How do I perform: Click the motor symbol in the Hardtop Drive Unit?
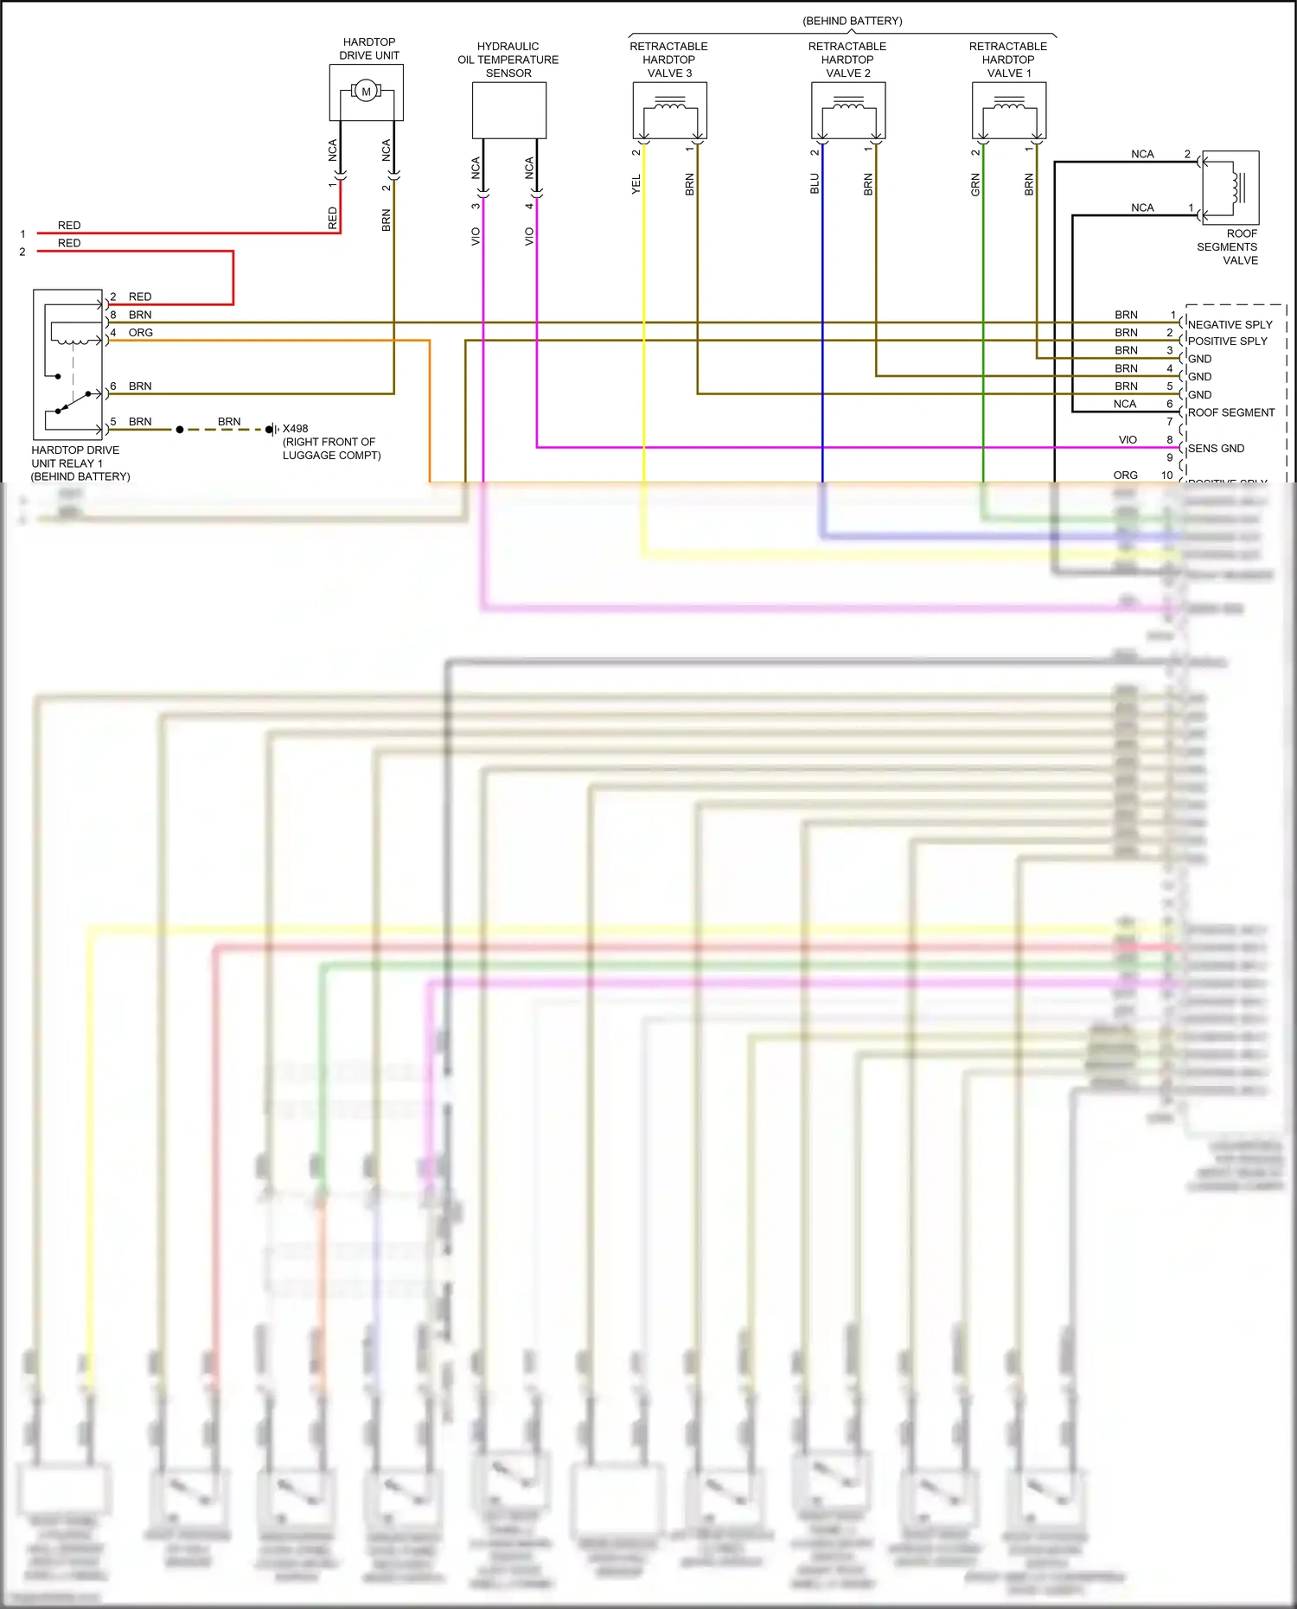pyautogui.click(x=366, y=92)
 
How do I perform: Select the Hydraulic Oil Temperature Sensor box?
pyautogui.click(x=508, y=111)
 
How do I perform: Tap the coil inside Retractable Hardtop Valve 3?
pyautogui.click(x=670, y=106)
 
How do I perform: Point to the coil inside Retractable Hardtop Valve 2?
pyautogui.click(x=848, y=106)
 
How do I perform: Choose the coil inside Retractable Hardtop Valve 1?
pyautogui.click(x=1009, y=106)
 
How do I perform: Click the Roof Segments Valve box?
pyautogui.click(x=1230, y=188)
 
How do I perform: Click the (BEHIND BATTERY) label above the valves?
pyautogui.click(x=852, y=21)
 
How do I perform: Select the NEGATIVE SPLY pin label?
pyautogui.click(x=1230, y=325)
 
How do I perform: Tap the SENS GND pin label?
pyautogui.click(x=1216, y=449)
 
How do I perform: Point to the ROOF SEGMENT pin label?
pyautogui.click(x=1231, y=412)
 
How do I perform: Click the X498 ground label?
pyautogui.click(x=295, y=429)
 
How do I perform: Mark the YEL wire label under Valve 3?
pyautogui.click(x=636, y=184)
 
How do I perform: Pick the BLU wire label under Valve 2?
pyautogui.click(x=815, y=184)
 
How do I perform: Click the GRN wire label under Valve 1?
pyautogui.click(x=975, y=184)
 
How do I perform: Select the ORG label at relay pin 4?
pyautogui.click(x=141, y=333)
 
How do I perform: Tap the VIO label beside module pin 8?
pyautogui.click(x=1128, y=440)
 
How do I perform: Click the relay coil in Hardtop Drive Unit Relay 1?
pyautogui.click(x=75, y=333)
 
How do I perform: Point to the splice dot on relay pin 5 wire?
pyautogui.click(x=180, y=430)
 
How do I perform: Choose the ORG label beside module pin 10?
pyautogui.click(x=1125, y=476)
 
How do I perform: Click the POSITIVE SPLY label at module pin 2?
pyautogui.click(x=1227, y=342)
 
